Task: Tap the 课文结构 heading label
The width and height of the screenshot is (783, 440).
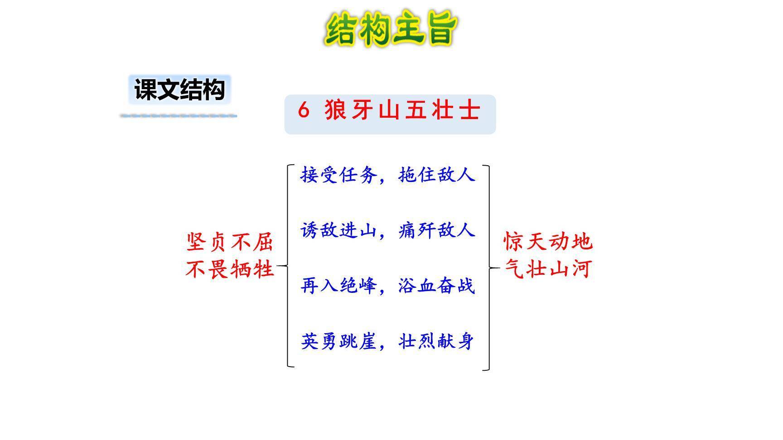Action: [x=180, y=90]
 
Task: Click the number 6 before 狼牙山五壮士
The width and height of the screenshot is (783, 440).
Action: [x=304, y=110]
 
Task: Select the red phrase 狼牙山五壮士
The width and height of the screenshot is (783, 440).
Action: [x=402, y=110]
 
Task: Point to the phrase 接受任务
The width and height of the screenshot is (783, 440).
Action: [x=338, y=174]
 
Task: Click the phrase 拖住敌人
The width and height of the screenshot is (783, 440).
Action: [x=436, y=174]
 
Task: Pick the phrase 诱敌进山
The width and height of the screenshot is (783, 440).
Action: [x=338, y=230]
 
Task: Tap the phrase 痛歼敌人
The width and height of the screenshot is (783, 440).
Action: [x=436, y=230]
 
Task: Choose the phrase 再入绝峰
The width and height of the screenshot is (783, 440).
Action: [x=338, y=286]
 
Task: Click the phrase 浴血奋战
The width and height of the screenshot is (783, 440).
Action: [x=436, y=286]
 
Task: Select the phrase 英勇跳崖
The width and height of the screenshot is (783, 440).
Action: [x=338, y=341]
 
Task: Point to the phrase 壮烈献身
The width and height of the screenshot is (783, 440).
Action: [x=436, y=341]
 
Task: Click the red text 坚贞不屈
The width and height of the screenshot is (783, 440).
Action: [x=230, y=242]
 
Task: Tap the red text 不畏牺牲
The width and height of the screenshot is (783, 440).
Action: [x=230, y=269]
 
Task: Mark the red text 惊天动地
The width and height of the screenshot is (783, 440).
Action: [x=548, y=242]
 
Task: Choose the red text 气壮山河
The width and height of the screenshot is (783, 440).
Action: [x=548, y=269]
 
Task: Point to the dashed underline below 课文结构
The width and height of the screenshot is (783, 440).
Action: [x=179, y=116]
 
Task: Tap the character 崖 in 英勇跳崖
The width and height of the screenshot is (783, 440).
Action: [x=367, y=341]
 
